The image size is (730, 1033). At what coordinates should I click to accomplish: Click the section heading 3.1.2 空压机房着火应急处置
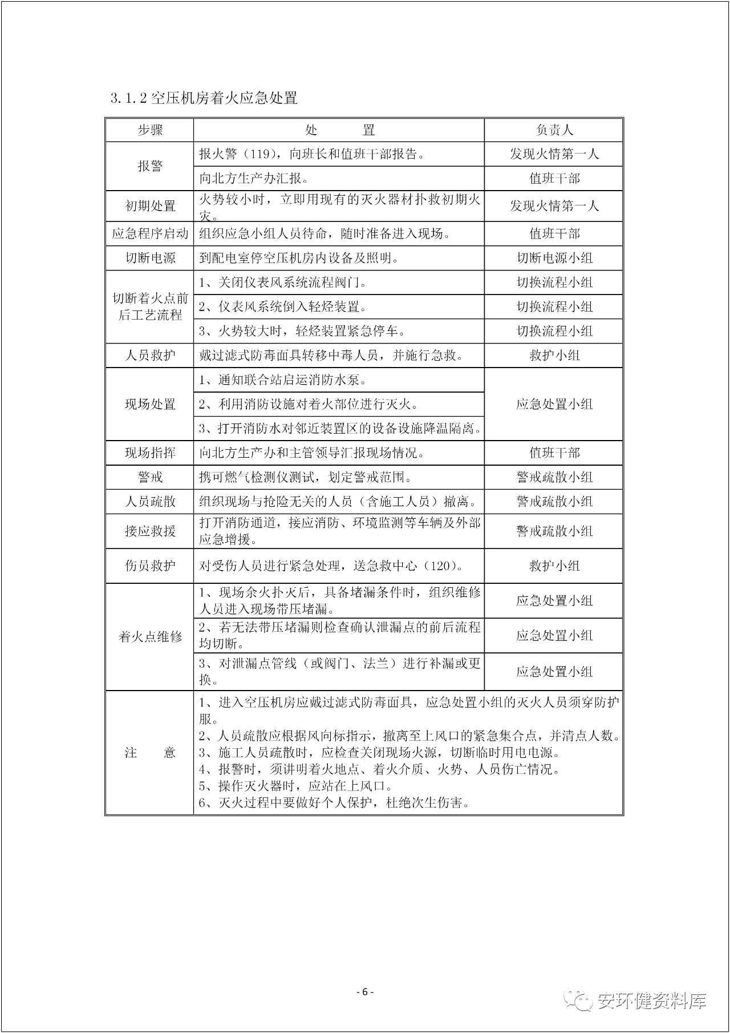[204, 98]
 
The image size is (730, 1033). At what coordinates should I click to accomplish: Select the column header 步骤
[149, 130]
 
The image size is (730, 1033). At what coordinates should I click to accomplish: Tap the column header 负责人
[554, 130]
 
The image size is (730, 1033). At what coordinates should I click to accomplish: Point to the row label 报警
[149, 166]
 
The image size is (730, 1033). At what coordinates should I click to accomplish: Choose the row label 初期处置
[149, 206]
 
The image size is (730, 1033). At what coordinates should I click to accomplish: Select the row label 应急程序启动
[149, 233]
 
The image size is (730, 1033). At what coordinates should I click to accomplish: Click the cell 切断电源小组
[554, 258]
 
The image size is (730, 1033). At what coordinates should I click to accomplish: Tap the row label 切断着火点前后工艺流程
[149, 306]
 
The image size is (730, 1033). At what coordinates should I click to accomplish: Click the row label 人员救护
[149, 355]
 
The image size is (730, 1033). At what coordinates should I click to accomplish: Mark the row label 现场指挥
[149, 453]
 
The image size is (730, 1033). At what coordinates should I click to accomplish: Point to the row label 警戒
[149, 477]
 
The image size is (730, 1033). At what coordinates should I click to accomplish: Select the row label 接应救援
[149, 531]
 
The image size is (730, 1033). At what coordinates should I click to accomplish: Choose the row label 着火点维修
[149, 636]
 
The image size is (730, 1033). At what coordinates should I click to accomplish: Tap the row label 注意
[149, 752]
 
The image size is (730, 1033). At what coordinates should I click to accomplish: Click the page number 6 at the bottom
[364, 992]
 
